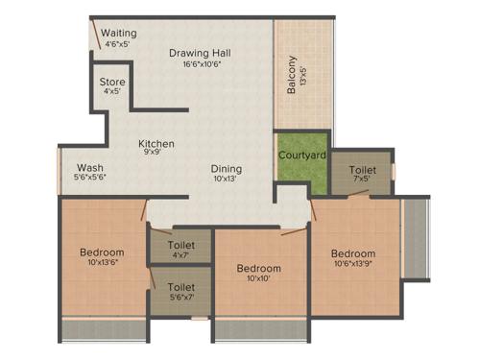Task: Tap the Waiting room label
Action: point(118,33)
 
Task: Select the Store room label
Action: point(112,82)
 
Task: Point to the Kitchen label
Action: point(155,142)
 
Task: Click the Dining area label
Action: point(228,165)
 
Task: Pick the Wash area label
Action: point(90,166)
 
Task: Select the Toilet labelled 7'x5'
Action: point(362,169)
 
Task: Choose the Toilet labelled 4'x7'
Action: point(180,246)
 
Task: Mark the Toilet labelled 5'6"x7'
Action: point(180,287)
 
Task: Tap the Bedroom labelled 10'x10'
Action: point(258,268)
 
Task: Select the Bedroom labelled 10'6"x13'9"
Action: point(354,252)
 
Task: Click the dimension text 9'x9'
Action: point(155,153)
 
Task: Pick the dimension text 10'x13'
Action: point(228,177)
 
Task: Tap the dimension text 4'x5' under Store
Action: point(112,92)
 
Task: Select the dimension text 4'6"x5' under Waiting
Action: point(118,43)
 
